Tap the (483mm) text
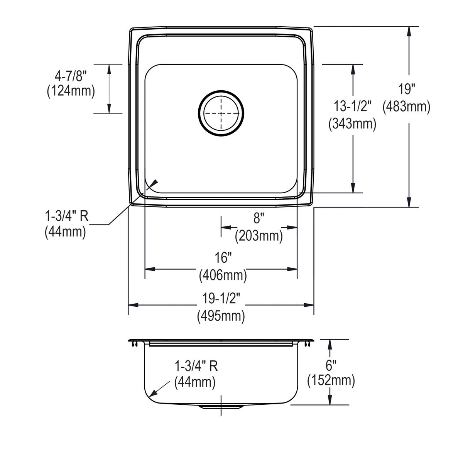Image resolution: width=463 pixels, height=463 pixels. pyautogui.click(x=406, y=106)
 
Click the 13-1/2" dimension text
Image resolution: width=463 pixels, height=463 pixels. pyautogui.click(x=352, y=107)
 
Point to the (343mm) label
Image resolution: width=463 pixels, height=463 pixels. pyautogui.click(x=352, y=123)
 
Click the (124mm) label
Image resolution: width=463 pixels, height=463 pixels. pyautogui.click(x=71, y=92)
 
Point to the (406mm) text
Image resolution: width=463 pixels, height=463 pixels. pyautogui.click(x=223, y=275)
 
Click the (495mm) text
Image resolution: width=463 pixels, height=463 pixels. pyautogui.click(x=221, y=316)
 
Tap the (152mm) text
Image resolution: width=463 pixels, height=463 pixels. pyautogui.click(x=331, y=381)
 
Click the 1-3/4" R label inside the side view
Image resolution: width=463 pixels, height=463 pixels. pyautogui.click(x=196, y=366)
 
